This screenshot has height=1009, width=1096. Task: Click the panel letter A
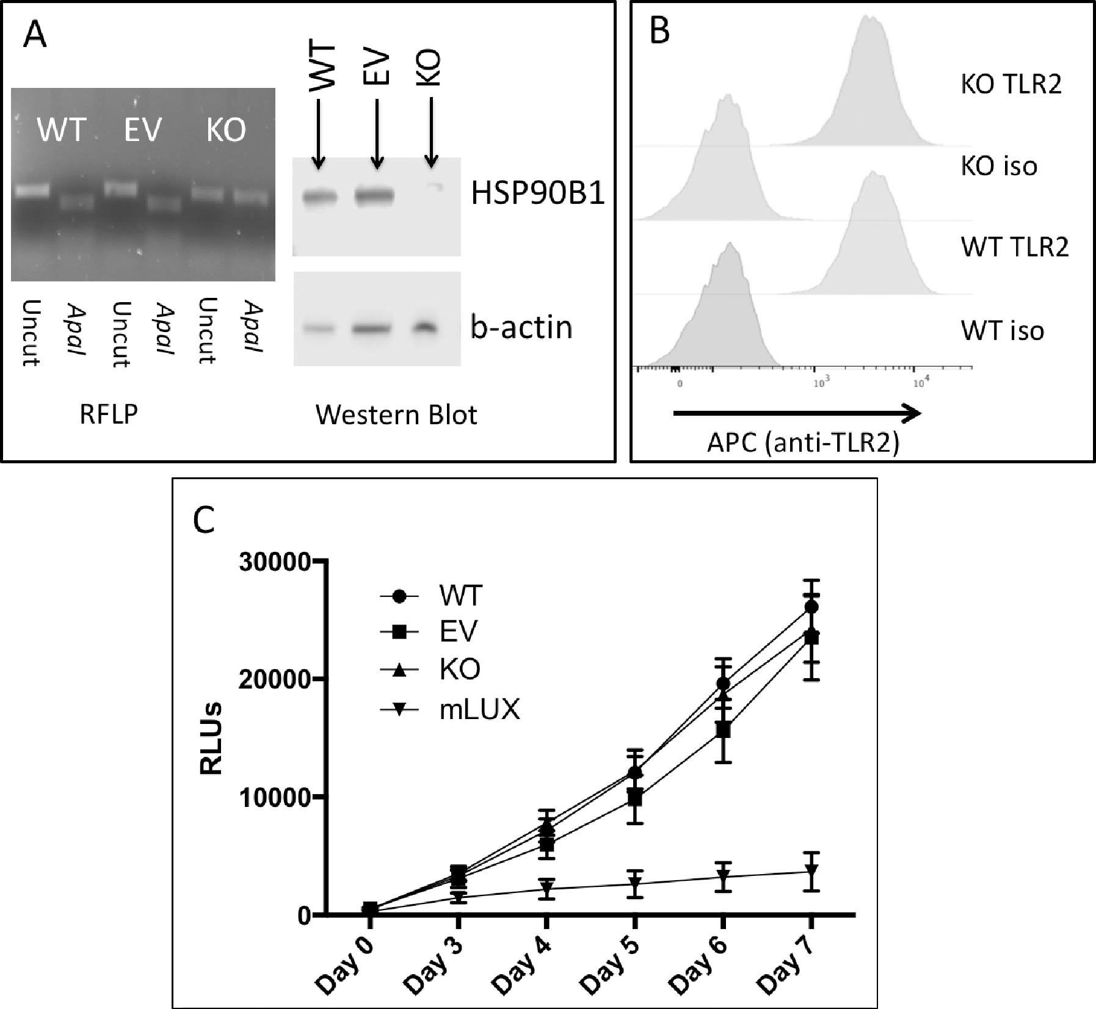(x=34, y=35)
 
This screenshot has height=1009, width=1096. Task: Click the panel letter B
(x=659, y=31)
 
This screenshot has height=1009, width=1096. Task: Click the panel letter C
(x=203, y=520)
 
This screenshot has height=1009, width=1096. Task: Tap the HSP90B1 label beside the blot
(x=537, y=193)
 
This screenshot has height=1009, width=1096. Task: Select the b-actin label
(x=521, y=327)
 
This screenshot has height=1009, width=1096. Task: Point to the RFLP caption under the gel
(x=109, y=414)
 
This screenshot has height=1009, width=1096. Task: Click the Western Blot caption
(x=396, y=415)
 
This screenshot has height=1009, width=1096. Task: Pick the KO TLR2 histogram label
(x=1011, y=84)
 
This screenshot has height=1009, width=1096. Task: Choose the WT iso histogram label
(x=1002, y=331)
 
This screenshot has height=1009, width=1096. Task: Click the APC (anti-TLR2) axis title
(x=803, y=443)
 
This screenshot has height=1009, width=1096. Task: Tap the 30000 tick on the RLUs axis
(x=275, y=562)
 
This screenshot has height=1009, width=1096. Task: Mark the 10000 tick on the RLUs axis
(x=275, y=798)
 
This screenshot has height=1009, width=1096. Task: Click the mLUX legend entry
(x=479, y=709)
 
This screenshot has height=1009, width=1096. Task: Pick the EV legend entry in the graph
(x=459, y=632)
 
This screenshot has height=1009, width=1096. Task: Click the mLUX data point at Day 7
(x=811, y=870)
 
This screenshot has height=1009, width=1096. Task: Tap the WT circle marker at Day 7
(x=811, y=607)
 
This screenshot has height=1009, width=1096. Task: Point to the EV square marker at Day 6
(x=723, y=729)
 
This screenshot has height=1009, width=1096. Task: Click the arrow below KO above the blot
(x=431, y=131)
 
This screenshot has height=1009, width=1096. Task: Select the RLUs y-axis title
(x=211, y=739)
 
